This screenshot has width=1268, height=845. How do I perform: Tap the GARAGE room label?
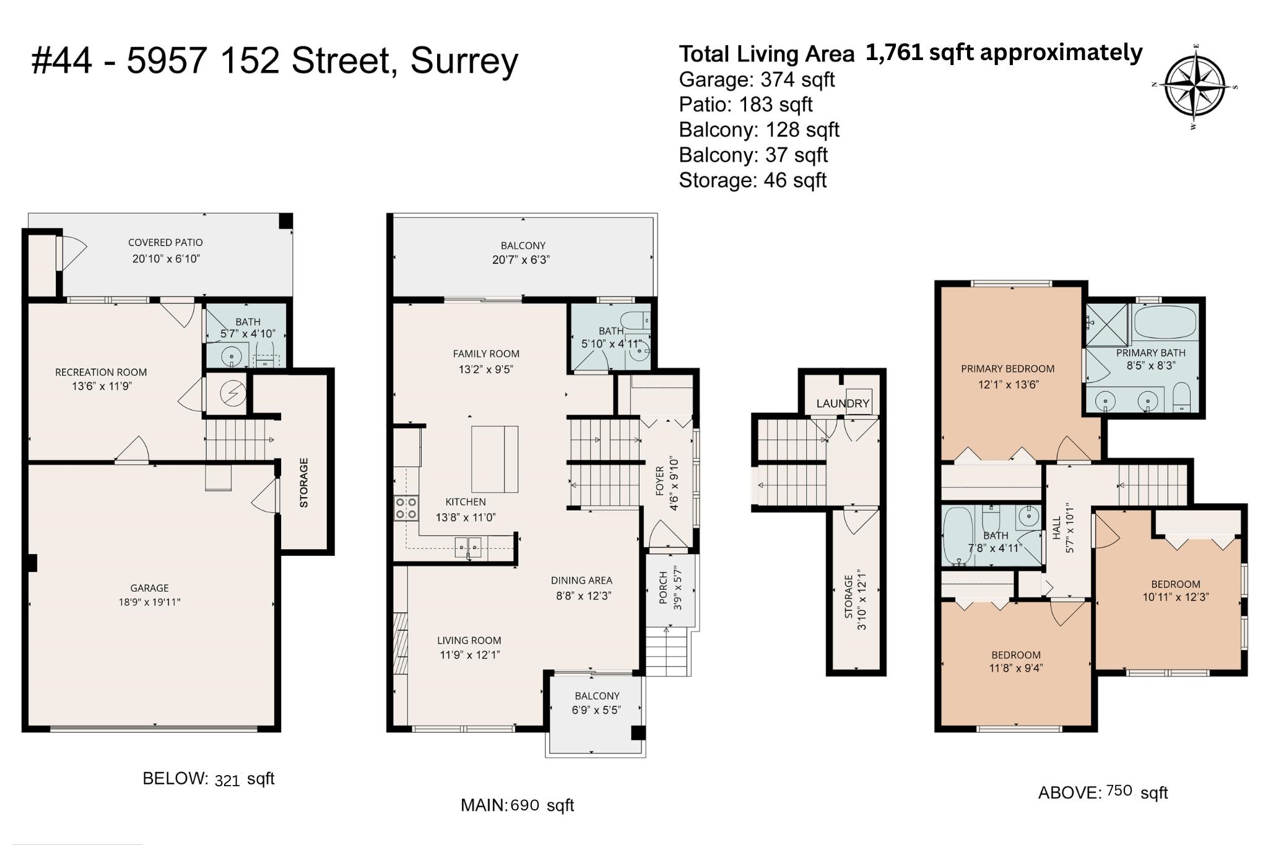point(149,588)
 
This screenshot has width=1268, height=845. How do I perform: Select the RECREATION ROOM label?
point(101,372)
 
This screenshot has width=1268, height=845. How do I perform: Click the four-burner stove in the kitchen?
point(406,508)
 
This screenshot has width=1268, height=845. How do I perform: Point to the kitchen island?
point(495,459)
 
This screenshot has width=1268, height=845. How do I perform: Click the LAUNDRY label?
point(843,404)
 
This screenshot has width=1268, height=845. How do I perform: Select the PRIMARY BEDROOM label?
point(1008,369)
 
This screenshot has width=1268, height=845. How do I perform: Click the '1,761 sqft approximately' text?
point(1004,53)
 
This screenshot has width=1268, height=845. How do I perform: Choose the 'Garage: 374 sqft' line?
point(757,80)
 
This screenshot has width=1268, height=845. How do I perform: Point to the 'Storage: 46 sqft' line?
point(753,180)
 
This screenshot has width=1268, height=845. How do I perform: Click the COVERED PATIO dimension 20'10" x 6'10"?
point(166,259)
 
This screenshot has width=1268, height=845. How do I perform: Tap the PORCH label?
point(663,587)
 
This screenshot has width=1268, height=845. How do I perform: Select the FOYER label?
point(660,480)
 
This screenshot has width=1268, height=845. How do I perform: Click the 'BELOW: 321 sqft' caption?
point(208,779)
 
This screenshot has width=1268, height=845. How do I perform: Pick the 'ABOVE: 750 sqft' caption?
point(1103,792)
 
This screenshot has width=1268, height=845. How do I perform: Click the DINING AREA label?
point(581,581)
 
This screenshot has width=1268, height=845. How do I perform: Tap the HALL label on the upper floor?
point(1057,527)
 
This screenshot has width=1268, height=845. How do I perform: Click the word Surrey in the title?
point(464,62)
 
